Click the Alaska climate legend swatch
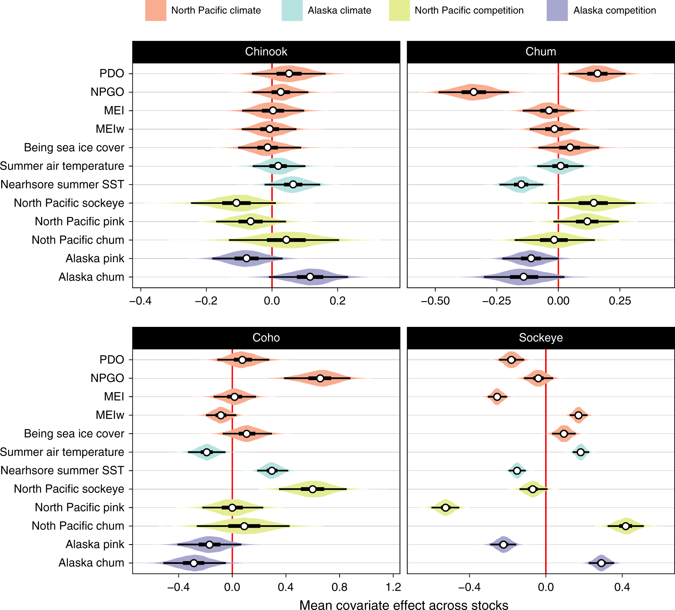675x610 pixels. [x=292, y=11]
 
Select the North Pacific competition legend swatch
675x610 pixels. [x=399, y=11]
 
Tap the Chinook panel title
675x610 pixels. [x=266, y=52]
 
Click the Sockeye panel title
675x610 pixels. [x=540, y=338]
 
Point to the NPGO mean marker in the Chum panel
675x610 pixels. [x=474, y=92]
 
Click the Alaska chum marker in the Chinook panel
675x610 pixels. [x=310, y=277]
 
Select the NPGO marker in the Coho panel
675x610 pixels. [x=320, y=378]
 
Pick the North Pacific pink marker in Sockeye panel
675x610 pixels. [x=445, y=507]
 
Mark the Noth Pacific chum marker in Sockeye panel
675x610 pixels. [x=625, y=526]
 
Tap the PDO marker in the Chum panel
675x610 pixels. [x=597, y=74]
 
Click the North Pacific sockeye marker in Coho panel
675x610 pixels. [x=313, y=489]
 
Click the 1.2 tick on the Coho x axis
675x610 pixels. [x=393, y=588]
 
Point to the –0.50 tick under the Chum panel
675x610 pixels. [x=435, y=301]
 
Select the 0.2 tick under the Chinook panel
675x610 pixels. [x=337, y=301]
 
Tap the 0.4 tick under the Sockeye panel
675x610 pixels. [x=622, y=588]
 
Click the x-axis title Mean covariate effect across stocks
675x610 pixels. [x=403, y=605]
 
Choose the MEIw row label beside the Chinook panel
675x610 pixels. [x=110, y=129]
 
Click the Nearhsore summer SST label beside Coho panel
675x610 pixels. [x=62, y=470]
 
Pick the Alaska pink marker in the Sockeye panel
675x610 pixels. [x=503, y=545]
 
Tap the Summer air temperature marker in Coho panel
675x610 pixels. [x=206, y=452]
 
